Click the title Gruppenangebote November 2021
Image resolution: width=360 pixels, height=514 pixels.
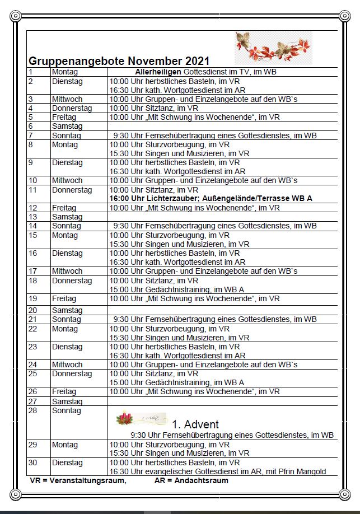tap(119, 60)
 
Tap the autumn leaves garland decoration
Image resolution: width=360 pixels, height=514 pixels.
tap(273, 48)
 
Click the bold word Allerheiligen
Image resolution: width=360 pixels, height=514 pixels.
tap(158, 72)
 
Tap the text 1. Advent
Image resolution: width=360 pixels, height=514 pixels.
tap(195, 424)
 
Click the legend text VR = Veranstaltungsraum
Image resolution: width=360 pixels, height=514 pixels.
tap(78, 480)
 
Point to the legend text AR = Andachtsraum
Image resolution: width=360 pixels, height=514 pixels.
tap(191, 480)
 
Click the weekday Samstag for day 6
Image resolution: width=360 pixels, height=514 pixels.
tap(67, 127)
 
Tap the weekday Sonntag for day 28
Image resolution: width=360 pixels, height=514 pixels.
tap(67, 410)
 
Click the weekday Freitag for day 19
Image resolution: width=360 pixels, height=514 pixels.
tap(64, 298)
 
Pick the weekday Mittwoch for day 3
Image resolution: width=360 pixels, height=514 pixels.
tap(67, 99)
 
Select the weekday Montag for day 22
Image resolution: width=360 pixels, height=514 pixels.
tap(65, 329)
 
